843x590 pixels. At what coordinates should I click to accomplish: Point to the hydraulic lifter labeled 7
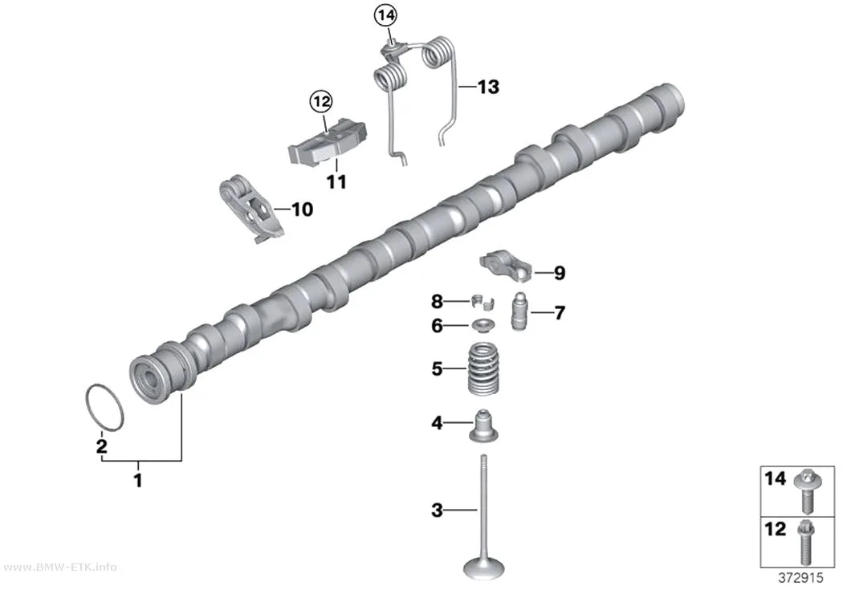[x=519, y=311]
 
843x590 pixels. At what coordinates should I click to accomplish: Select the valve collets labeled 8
[x=483, y=303]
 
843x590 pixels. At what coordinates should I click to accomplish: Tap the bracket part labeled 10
[x=250, y=209]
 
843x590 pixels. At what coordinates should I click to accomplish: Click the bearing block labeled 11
[x=328, y=142]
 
